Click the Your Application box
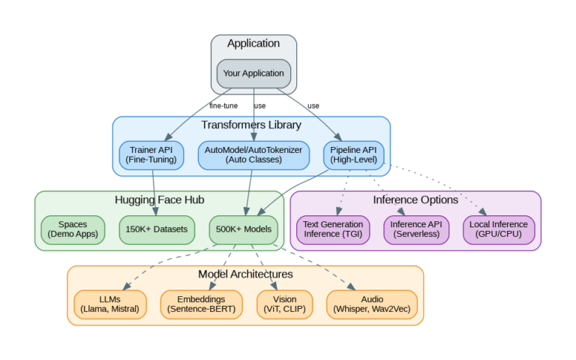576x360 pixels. [253, 73]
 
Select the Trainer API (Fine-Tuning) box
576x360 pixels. [151, 154]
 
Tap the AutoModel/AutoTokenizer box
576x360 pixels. [253, 154]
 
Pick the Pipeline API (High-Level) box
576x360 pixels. [353, 154]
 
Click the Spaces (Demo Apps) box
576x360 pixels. [73, 229]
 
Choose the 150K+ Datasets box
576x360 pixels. [157, 229]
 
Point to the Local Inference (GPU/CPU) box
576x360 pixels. [499, 229]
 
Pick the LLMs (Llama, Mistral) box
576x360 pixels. [110, 304]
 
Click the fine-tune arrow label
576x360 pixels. [223, 106]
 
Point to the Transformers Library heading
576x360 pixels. [251, 125]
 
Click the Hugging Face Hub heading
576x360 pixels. [159, 200]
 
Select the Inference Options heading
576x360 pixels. [415, 200]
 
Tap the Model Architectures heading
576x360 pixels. [245, 274]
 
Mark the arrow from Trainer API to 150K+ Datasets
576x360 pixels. [154, 191]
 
